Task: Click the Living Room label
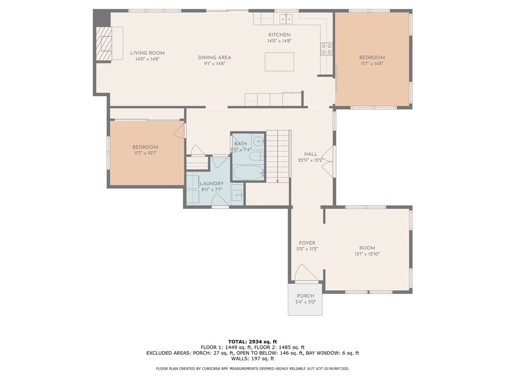(x=147, y=53)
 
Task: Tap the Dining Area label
(x=215, y=57)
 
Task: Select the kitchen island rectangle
(x=279, y=62)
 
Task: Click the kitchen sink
(x=286, y=19)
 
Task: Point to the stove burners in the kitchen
(x=326, y=49)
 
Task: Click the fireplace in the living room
(x=105, y=44)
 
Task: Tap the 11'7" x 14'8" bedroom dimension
(x=372, y=64)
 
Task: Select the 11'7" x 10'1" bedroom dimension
(x=145, y=153)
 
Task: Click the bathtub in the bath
(x=249, y=173)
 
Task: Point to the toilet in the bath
(x=256, y=156)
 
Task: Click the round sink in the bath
(x=258, y=141)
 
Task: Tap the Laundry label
(x=212, y=184)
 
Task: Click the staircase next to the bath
(x=278, y=156)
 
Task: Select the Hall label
(x=311, y=154)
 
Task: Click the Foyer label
(x=307, y=243)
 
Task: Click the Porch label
(x=305, y=296)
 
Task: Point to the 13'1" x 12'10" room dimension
(x=367, y=254)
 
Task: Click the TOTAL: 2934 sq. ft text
(x=252, y=341)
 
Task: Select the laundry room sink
(x=237, y=195)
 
